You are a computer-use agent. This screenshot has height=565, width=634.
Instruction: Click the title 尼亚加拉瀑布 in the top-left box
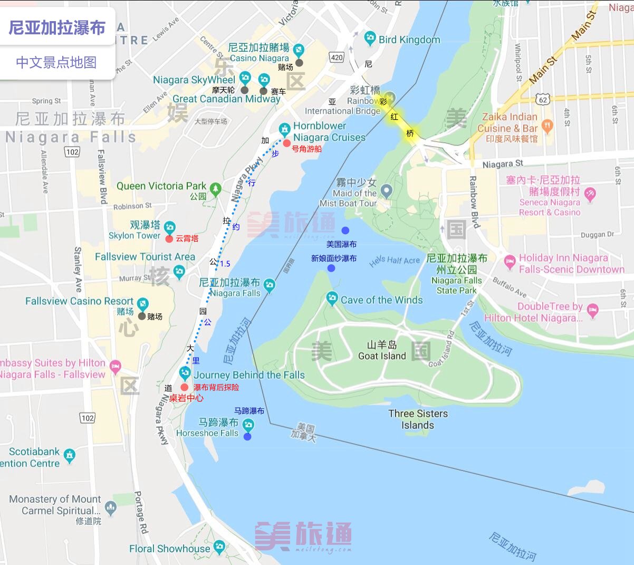point(57,27)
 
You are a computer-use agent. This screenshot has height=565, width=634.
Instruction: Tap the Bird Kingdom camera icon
point(370,39)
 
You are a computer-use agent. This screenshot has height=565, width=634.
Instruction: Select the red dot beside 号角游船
point(286,143)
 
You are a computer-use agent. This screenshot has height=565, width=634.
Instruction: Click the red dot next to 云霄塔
point(169,239)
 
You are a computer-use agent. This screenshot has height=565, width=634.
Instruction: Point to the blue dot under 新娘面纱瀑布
point(331,268)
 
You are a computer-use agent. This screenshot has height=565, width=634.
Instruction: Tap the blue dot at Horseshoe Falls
point(247,436)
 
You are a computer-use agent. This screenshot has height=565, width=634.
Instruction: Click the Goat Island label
point(382,351)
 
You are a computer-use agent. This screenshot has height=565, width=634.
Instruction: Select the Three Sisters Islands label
point(418,419)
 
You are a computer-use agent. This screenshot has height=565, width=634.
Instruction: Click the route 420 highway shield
point(336,58)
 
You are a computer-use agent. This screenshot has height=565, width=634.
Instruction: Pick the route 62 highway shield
point(543,100)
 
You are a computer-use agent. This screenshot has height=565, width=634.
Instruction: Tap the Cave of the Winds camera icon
point(332,299)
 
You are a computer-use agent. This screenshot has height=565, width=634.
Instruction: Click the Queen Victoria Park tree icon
point(215,188)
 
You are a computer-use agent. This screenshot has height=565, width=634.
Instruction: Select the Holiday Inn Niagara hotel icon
point(510,261)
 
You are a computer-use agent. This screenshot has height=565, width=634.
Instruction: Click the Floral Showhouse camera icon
point(219,547)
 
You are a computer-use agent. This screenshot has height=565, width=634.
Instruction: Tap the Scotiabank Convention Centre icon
point(69,455)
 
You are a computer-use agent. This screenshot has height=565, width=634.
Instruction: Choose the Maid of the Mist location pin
point(387,191)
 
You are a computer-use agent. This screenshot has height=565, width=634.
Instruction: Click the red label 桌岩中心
point(186,398)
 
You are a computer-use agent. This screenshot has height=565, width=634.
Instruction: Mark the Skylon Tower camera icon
point(169,227)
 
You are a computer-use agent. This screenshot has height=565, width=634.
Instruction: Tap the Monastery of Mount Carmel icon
point(110,507)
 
